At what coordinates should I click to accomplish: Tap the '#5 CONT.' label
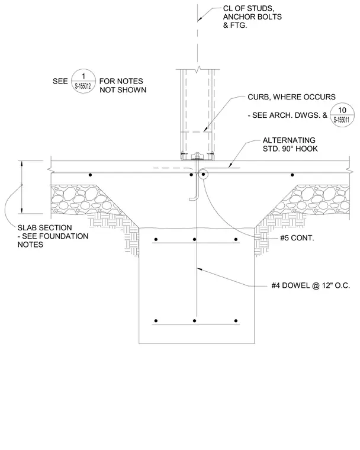(297, 238)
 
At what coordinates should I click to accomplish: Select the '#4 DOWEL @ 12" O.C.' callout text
(311, 285)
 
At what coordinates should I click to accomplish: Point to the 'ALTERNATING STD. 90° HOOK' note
(290, 144)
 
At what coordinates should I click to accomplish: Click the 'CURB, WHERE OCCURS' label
(291, 97)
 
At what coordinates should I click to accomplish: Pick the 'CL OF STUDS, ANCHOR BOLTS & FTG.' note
(252, 17)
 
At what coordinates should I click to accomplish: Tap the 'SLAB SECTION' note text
(45, 227)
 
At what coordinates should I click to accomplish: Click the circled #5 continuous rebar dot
(203, 175)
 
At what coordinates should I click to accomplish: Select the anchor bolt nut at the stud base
(197, 156)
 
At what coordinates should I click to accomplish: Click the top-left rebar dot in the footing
(156, 239)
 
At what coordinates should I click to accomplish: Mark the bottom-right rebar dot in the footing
(236, 321)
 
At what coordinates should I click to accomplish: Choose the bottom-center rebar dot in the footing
(195, 321)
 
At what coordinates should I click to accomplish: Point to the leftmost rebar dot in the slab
(90, 175)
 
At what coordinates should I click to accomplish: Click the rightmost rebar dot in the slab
(292, 175)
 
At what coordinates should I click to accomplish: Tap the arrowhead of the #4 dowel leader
(198, 269)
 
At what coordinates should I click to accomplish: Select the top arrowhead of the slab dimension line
(21, 163)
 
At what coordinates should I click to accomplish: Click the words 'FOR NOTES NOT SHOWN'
(123, 85)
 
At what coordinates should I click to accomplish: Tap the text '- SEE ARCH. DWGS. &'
(287, 115)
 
